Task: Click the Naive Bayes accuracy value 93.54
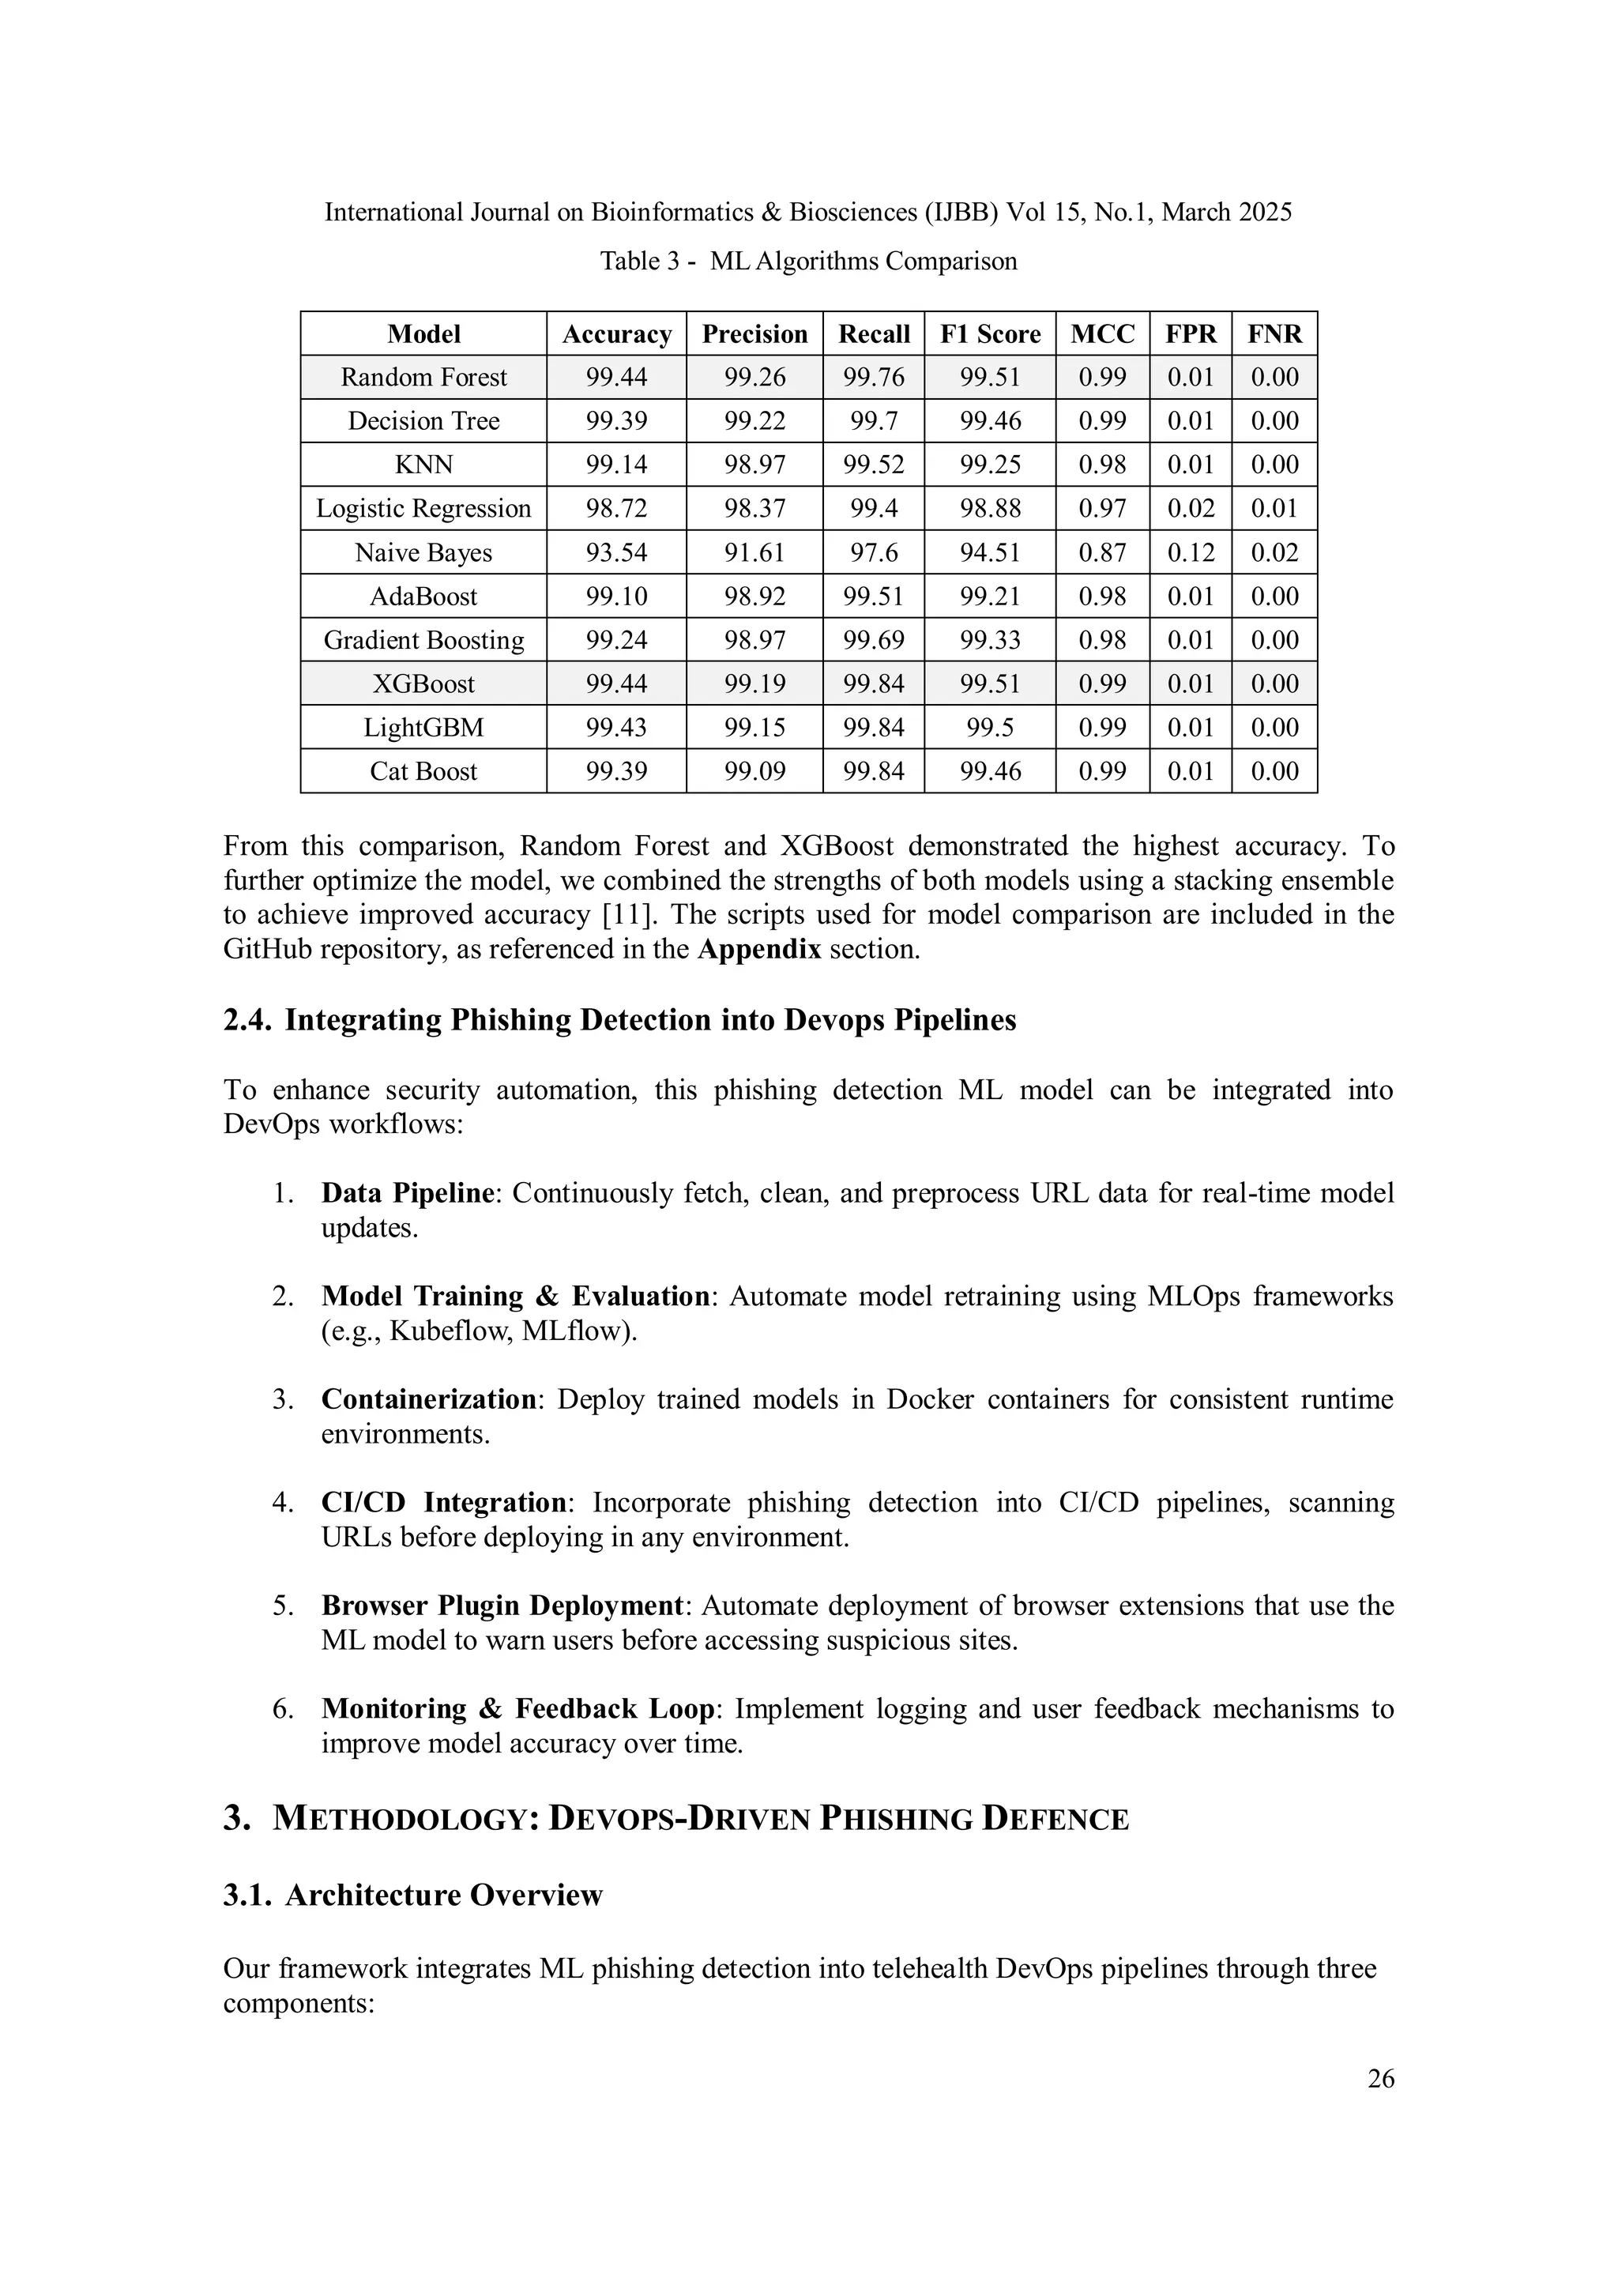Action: [616, 552]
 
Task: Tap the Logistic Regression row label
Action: [423, 508]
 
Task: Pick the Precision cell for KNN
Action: [754, 465]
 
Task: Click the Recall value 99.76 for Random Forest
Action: [873, 377]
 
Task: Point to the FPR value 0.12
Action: [1191, 552]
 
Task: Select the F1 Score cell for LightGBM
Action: [990, 728]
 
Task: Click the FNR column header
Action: [1274, 334]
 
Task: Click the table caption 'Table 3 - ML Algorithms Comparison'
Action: [808, 262]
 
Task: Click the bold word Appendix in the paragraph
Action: [758, 949]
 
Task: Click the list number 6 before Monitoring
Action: [283, 1709]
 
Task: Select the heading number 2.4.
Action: [247, 1021]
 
